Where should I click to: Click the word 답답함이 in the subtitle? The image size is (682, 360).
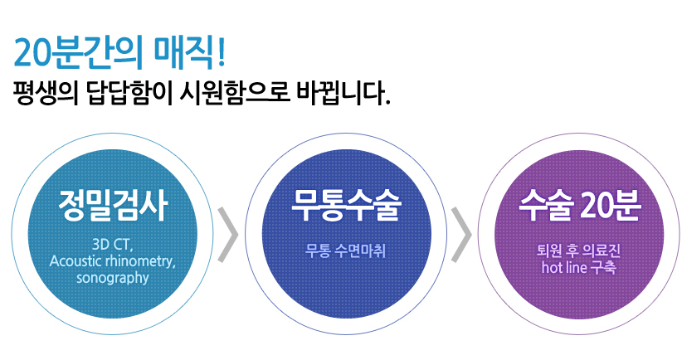(x=129, y=93)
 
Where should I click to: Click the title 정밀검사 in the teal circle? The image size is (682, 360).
(x=113, y=206)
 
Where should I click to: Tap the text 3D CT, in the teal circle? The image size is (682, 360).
(x=112, y=245)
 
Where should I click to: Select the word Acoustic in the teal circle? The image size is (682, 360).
(x=76, y=260)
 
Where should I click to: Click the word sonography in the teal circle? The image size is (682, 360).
(x=112, y=278)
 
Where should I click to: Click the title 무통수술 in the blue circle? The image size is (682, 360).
(x=346, y=205)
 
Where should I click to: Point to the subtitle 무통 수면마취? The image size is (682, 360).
(x=345, y=251)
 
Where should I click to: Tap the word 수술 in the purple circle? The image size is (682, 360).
(x=545, y=205)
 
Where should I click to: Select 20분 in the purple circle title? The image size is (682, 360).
(x=611, y=205)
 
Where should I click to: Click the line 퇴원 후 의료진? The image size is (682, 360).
(x=578, y=251)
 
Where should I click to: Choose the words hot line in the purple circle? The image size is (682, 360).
(x=564, y=267)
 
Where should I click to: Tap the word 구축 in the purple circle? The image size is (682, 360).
(x=603, y=267)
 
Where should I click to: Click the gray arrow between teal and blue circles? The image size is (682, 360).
(x=228, y=235)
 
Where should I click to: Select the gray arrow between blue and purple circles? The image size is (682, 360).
(x=461, y=235)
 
